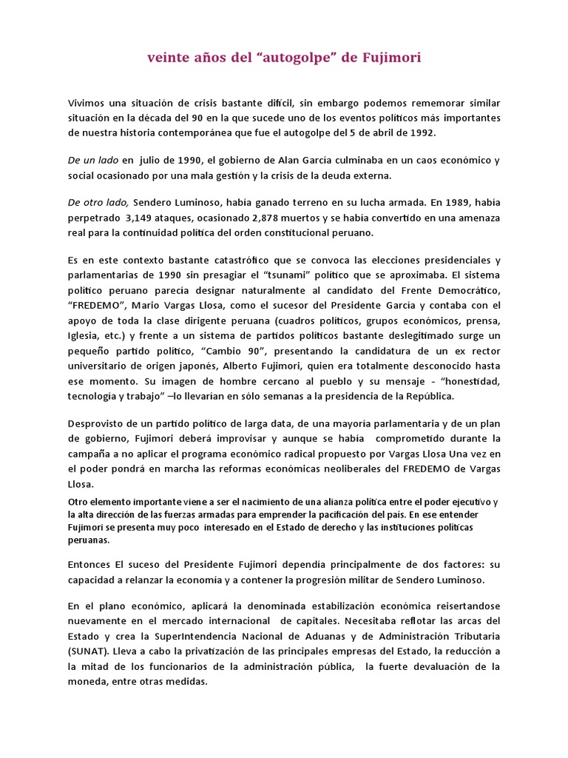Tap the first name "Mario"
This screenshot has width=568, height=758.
[141, 306]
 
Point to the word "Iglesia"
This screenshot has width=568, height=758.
[84, 338]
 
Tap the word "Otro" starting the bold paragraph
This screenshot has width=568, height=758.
[78, 503]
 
